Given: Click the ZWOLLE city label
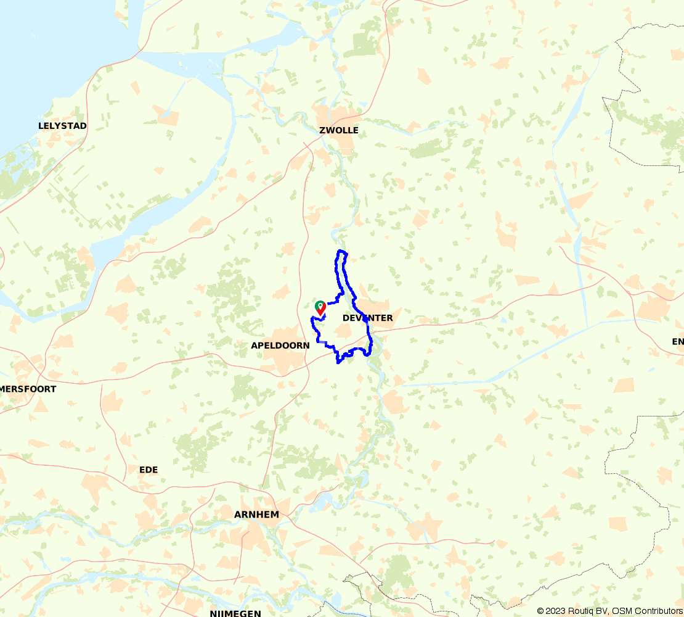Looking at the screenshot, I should pyautogui.click(x=338, y=130).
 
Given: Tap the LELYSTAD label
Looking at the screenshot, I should pyautogui.click(x=62, y=126).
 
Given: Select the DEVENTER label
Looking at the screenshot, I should pyautogui.click(x=367, y=318).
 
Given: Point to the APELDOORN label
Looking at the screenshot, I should pyautogui.click(x=280, y=346).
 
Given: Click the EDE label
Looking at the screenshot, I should pyautogui.click(x=149, y=470).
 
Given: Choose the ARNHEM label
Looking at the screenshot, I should pyautogui.click(x=256, y=515).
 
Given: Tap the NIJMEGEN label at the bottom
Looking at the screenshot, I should pyautogui.click(x=235, y=613).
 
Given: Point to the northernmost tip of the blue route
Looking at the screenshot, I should pyautogui.click(x=341, y=251).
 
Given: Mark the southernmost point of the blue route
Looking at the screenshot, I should pyautogui.click(x=338, y=363).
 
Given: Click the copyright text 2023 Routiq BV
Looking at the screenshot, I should pyautogui.click(x=572, y=611).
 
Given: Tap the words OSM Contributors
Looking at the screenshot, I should pyautogui.click(x=646, y=611).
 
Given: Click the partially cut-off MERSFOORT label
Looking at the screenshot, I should pyautogui.click(x=28, y=389).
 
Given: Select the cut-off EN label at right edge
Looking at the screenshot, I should pyautogui.click(x=678, y=342).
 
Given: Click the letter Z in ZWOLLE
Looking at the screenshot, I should pyautogui.click(x=322, y=130).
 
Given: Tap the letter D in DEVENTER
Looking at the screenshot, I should pyautogui.click(x=345, y=318).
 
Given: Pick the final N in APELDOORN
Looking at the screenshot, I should pyautogui.click(x=306, y=346).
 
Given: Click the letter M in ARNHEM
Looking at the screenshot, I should pyautogui.click(x=275, y=515).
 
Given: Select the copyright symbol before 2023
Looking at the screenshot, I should pyautogui.click(x=540, y=611).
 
